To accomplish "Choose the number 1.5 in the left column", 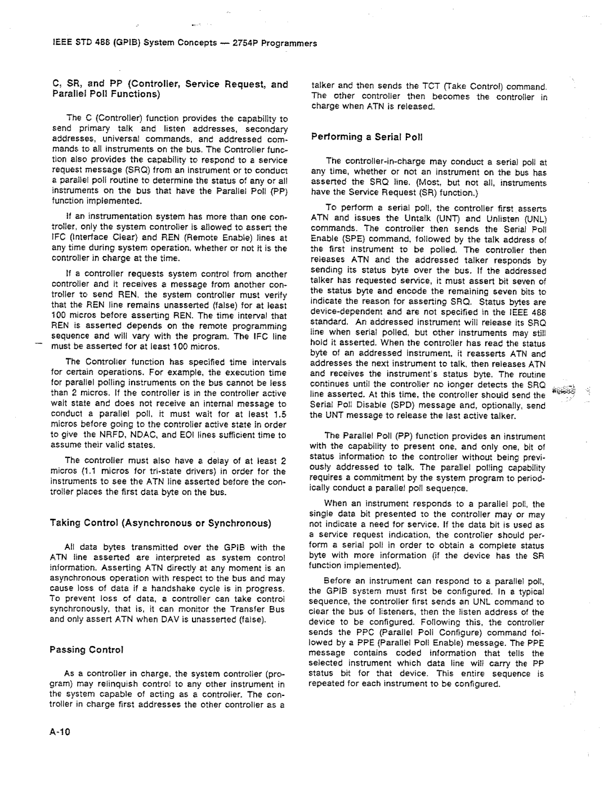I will (x=280, y=414).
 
